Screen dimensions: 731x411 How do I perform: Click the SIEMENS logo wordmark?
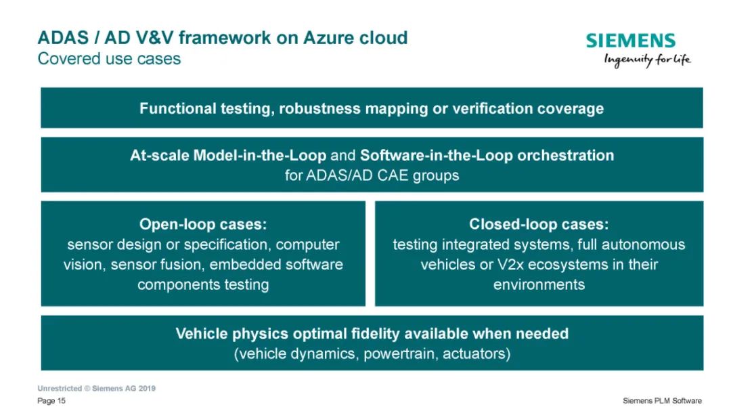[630, 41]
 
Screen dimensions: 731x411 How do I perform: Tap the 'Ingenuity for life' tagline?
[647, 60]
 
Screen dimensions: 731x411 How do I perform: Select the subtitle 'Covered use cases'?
[109, 59]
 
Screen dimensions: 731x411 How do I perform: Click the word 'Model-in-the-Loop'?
[260, 155]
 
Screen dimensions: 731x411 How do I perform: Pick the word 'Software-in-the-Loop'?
[437, 155]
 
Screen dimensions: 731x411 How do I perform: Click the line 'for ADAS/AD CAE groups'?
[372, 175]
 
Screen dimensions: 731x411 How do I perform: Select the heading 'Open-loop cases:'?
[203, 224]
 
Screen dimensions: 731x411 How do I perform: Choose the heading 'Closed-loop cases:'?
[539, 224]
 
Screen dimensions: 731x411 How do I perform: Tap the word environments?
[539, 284]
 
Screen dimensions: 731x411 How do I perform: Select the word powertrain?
[400, 353]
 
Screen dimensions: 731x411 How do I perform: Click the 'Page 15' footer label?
[51, 401]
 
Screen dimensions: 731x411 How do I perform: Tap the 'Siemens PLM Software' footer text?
[662, 401]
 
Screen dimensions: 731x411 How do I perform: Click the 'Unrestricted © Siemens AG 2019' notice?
[97, 388]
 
